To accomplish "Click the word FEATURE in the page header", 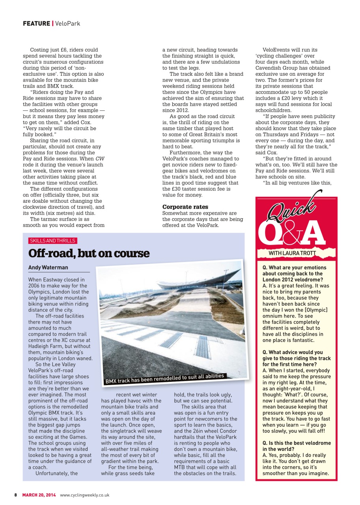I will pos(36,24).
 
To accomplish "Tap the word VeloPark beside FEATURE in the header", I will pos(68,24).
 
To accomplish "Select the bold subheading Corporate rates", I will pos(185,207).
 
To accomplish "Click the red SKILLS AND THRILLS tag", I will pos(52,241).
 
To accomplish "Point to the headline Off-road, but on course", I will pos(89,253).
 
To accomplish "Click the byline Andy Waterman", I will pos(48,267).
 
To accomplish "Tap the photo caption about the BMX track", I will pos(164,378).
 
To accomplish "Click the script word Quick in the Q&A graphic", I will pos(292,207).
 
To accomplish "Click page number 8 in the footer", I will pos(16,495).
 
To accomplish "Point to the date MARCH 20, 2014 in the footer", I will pos(39,495).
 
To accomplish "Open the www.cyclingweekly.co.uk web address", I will pos(84,495).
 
